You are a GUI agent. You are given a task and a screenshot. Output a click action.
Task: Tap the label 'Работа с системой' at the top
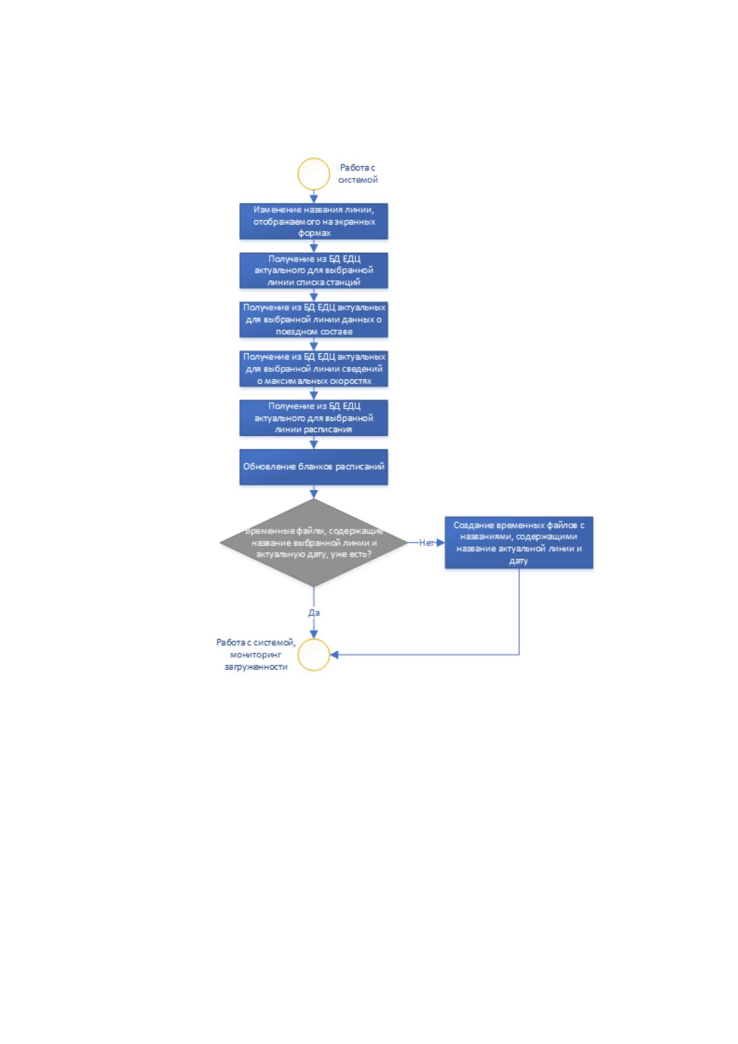[358, 174]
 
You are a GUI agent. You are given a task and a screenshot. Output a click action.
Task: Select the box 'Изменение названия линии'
[314, 221]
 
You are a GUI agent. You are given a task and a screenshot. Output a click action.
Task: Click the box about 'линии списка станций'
[314, 270]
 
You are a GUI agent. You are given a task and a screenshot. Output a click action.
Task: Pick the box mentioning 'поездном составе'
[314, 320]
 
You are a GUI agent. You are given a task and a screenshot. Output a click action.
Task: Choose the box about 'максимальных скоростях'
[314, 369]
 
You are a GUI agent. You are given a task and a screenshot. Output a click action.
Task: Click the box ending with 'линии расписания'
[314, 418]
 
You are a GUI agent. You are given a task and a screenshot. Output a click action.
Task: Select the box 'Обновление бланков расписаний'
[314, 467]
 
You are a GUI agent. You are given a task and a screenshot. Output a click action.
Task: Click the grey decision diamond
[314, 542]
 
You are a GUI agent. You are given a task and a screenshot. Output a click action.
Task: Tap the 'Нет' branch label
[426, 542]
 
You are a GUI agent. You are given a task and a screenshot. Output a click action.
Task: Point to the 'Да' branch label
[314, 613]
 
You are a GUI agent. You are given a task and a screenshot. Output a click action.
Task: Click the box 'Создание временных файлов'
[519, 542]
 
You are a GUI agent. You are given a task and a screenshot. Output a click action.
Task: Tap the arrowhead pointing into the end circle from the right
[334, 655]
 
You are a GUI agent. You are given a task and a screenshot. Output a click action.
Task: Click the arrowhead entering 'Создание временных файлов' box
[441, 542]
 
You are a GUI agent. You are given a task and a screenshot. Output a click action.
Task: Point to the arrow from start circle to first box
[314, 197]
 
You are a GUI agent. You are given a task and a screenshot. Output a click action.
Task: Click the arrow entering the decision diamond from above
[314, 492]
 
